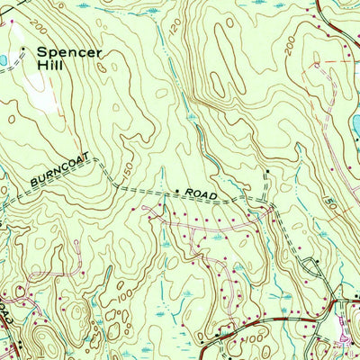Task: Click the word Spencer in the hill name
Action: point(70,52)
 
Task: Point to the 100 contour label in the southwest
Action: point(120,294)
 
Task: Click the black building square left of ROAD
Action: point(178,191)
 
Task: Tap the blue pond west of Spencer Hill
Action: point(3,60)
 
